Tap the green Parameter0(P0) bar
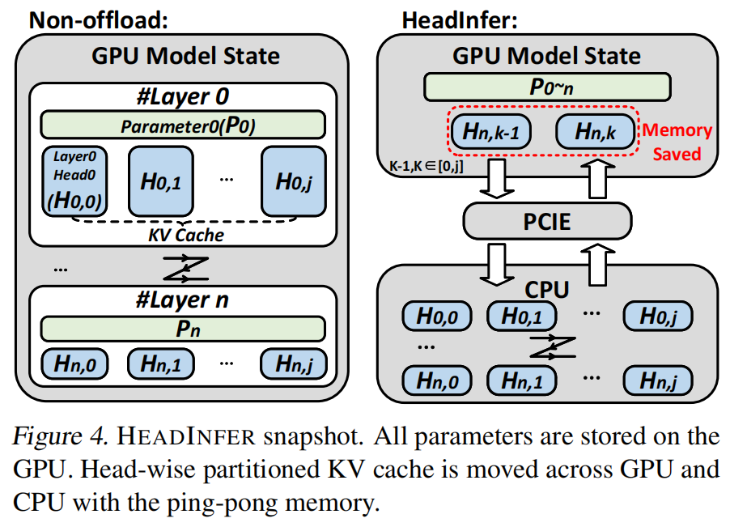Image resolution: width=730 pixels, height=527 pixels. pos(183,125)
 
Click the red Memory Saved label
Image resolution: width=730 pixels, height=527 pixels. pos(677,142)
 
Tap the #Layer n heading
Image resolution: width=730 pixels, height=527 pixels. pos(183,300)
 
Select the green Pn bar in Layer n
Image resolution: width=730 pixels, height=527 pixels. pos(183,329)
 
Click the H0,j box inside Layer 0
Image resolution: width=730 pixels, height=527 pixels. pos(292,180)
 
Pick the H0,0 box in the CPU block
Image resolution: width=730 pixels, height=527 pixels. pos(437,317)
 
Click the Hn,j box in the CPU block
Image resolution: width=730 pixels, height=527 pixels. pos(659,378)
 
